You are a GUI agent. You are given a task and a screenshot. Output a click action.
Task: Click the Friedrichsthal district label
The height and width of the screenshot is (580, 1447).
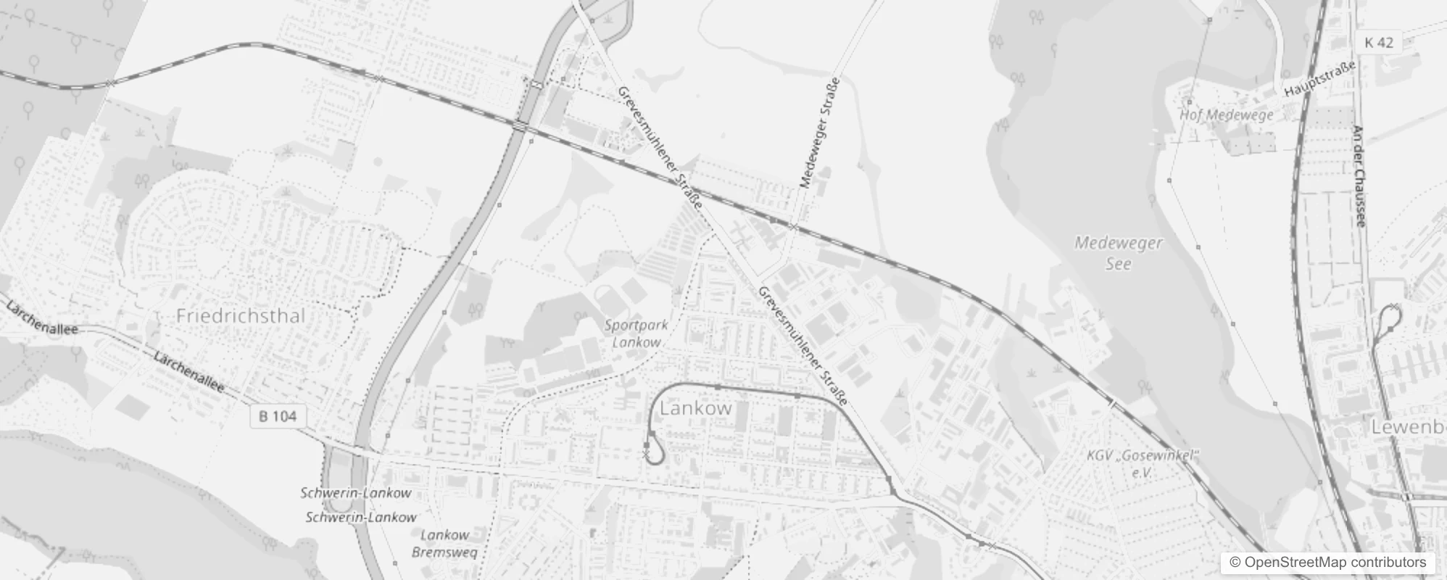click(x=241, y=315)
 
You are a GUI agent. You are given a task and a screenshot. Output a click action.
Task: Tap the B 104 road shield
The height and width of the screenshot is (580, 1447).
click(x=278, y=416)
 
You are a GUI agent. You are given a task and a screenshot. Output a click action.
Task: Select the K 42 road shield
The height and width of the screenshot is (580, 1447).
click(x=1378, y=43)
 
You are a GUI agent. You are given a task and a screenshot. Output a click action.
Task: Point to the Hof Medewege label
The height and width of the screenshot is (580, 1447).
click(x=1226, y=115)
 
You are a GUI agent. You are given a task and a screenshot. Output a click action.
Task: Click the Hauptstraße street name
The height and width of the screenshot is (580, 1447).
click(x=1319, y=80)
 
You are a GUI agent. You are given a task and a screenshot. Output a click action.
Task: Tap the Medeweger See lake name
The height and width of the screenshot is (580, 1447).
click(x=1118, y=253)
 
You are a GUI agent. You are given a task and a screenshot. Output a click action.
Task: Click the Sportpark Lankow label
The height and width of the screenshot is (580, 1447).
click(x=636, y=333)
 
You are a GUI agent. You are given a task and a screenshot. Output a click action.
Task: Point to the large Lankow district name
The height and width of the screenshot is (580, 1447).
click(x=696, y=408)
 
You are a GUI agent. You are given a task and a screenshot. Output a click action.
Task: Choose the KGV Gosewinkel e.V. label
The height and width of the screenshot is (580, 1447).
click(x=1143, y=463)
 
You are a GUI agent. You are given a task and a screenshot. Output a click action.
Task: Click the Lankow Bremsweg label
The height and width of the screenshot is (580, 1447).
click(x=445, y=544)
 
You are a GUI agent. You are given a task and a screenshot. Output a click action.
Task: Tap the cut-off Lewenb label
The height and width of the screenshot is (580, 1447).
click(x=1409, y=427)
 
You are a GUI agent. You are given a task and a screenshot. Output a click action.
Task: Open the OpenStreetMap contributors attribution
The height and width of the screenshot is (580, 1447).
click(x=1327, y=563)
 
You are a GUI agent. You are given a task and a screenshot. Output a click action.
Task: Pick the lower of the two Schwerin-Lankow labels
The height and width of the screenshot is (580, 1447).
click(x=361, y=518)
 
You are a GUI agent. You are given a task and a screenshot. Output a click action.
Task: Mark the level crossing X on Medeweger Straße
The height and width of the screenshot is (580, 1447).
click(x=794, y=228)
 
